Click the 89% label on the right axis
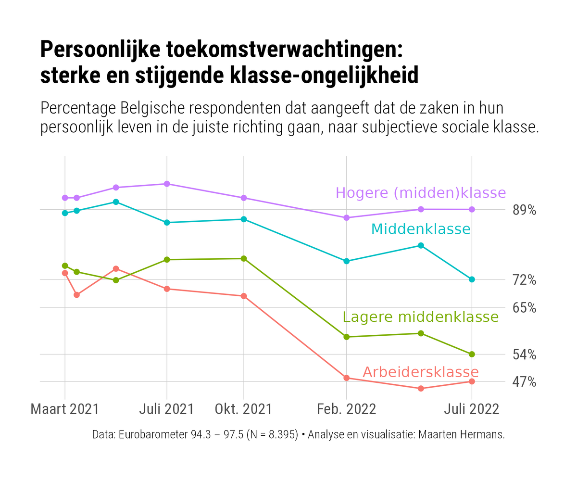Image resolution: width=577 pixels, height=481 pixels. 524,210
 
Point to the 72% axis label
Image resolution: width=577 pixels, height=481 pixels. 524,280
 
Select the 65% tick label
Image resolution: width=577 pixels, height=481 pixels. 524,308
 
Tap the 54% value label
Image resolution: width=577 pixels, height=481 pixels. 524,355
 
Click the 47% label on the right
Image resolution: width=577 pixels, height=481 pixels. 524,382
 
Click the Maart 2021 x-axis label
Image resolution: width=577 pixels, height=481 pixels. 64,409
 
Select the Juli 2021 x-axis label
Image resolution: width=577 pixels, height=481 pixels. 166,409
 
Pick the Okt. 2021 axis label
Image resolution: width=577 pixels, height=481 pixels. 243,409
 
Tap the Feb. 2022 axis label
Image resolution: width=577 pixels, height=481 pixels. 346,409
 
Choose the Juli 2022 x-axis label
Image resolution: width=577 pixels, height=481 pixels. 471,409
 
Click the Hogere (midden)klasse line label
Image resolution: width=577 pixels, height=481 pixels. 421,193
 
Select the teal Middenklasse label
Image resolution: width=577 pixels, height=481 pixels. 421,229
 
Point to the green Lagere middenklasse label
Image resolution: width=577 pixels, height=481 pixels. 421,317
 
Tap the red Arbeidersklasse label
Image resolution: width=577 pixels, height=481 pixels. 421,372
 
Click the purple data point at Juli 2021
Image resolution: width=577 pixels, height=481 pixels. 167,184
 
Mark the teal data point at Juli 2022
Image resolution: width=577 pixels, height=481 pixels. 472,279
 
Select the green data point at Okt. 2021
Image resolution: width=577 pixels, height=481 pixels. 244,259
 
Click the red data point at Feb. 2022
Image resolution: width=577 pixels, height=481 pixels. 346,378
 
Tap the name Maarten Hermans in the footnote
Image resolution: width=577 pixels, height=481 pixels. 462,435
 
